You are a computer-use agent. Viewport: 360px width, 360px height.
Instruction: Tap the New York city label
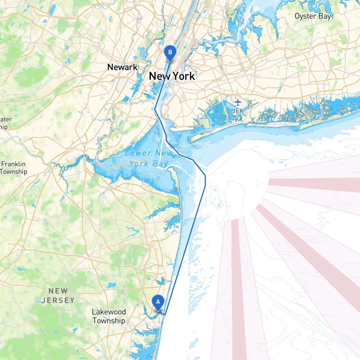point(172,76)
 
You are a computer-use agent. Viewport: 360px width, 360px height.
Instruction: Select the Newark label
point(122,67)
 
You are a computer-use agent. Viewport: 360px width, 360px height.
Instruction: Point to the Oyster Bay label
point(313,16)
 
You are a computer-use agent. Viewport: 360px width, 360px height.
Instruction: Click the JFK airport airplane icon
point(238,102)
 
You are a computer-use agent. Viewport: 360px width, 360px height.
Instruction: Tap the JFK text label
point(238,111)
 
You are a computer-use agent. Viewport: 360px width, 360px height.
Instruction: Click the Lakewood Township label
point(109,316)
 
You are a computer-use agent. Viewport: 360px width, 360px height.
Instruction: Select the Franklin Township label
point(13,168)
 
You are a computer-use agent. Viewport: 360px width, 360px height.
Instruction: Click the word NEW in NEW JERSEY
point(58,291)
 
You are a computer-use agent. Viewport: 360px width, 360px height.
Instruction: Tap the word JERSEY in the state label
point(58,300)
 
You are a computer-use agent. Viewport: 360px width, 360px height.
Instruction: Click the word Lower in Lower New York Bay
point(138,153)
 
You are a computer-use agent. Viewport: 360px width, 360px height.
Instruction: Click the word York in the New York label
point(183,76)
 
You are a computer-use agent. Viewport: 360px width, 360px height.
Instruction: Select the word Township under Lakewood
point(109,321)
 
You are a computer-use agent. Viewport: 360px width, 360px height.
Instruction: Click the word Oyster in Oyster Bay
point(305,16)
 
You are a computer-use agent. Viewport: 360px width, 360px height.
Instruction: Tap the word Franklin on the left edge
point(13,164)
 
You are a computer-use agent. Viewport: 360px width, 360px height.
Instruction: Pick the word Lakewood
point(109,312)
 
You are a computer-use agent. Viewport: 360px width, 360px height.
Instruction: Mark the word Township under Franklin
point(13,172)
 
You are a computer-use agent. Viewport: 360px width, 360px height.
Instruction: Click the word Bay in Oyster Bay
point(325,16)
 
